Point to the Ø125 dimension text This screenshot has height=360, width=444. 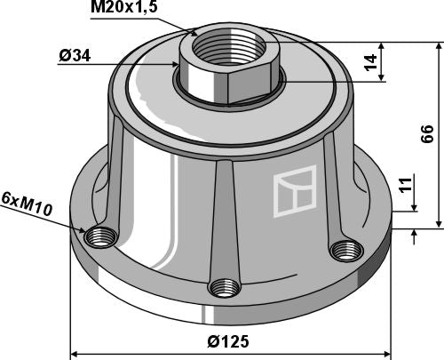coord(229,340)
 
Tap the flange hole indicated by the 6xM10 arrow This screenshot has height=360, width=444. coord(99,238)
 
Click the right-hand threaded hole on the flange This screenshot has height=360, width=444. coord(341,250)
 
